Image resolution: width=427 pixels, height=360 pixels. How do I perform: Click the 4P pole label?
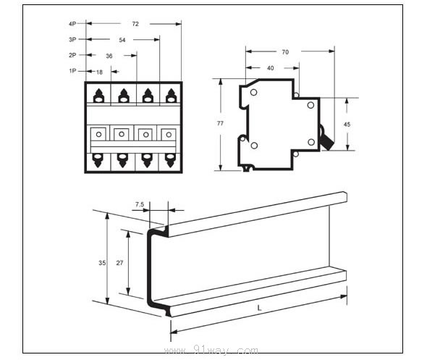pos(72,24)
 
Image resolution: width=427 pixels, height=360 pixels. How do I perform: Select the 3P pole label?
pos(72,40)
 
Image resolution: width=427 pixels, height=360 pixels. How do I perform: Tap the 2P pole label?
pos(72,55)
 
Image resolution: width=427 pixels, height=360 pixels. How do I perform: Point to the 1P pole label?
pos(72,71)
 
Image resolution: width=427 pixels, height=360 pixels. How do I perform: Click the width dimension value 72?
pos(135,24)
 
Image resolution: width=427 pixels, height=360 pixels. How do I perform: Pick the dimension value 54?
pos(122,40)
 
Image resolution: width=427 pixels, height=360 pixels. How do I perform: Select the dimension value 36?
pos(109,56)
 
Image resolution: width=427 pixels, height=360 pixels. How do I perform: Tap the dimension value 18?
pos(99,72)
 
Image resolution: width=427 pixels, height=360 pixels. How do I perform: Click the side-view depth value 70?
pos(285,52)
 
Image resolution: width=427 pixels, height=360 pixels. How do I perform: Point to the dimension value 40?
pos(271,68)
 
